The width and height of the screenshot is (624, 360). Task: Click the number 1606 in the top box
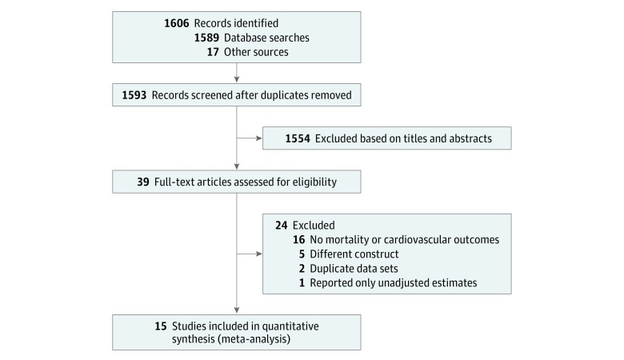[176, 23]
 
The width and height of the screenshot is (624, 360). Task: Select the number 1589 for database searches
[206, 38]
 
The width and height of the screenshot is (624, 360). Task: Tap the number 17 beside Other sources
[213, 52]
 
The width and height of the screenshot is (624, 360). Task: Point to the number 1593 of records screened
[134, 95]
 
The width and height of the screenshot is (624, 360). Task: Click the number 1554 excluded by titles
[298, 138]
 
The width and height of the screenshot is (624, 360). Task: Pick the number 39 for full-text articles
[143, 182]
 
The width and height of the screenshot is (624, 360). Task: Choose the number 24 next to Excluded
[282, 225]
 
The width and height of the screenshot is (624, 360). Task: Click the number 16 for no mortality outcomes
[299, 239]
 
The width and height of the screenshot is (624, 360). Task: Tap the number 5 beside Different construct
[302, 254]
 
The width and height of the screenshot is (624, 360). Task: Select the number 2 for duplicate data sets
[302, 268]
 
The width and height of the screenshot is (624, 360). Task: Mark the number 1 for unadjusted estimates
[302, 282]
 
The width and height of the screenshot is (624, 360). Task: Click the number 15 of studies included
[161, 326]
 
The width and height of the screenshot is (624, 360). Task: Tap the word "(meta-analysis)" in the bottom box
[231, 339]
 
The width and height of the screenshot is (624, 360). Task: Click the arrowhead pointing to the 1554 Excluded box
[259, 138]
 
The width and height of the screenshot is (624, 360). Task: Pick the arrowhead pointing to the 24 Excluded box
[259, 254]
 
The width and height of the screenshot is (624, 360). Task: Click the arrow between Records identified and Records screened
[237, 73]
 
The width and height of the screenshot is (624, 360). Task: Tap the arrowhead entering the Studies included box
[237, 310]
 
